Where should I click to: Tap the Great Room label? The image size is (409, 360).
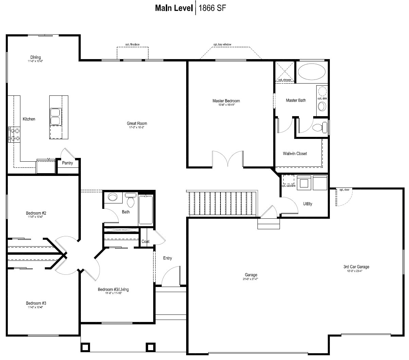click(x=137, y=124)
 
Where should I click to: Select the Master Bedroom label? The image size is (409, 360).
click(x=226, y=101)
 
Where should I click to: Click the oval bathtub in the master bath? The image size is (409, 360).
click(x=312, y=72)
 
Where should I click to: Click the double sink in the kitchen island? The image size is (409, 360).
click(x=55, y=116)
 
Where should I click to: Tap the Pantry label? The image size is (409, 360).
click(x=67, y=163)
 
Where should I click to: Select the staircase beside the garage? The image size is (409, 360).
click(x=223, y=203)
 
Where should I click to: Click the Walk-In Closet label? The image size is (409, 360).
click(x=295, y=154)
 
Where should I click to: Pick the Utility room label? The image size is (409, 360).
click(x=307, y=204)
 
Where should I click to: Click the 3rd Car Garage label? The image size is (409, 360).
click(x=356, y=267)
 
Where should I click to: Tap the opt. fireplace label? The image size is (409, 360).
click(x=132, y=45)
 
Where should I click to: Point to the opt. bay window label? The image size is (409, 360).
click(x=222, y=45)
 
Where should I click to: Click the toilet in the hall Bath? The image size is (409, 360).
click(x=130, y=201)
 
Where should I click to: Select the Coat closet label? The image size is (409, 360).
click(x=145, y=241)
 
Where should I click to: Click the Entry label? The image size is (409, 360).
click(x=167, y=258)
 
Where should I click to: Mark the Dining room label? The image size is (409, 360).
click(x=35, y=57)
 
